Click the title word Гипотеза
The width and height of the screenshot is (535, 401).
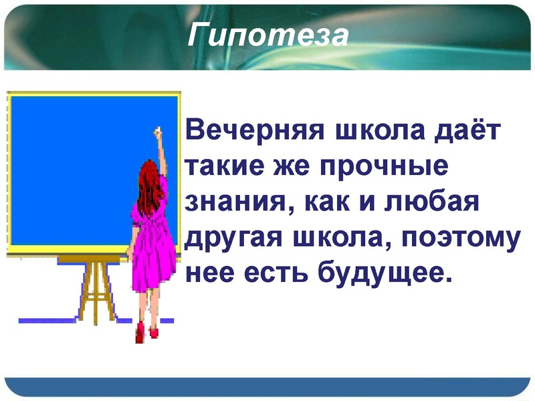tap(267, 35)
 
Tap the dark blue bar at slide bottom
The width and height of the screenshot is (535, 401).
tap(267, 386)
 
